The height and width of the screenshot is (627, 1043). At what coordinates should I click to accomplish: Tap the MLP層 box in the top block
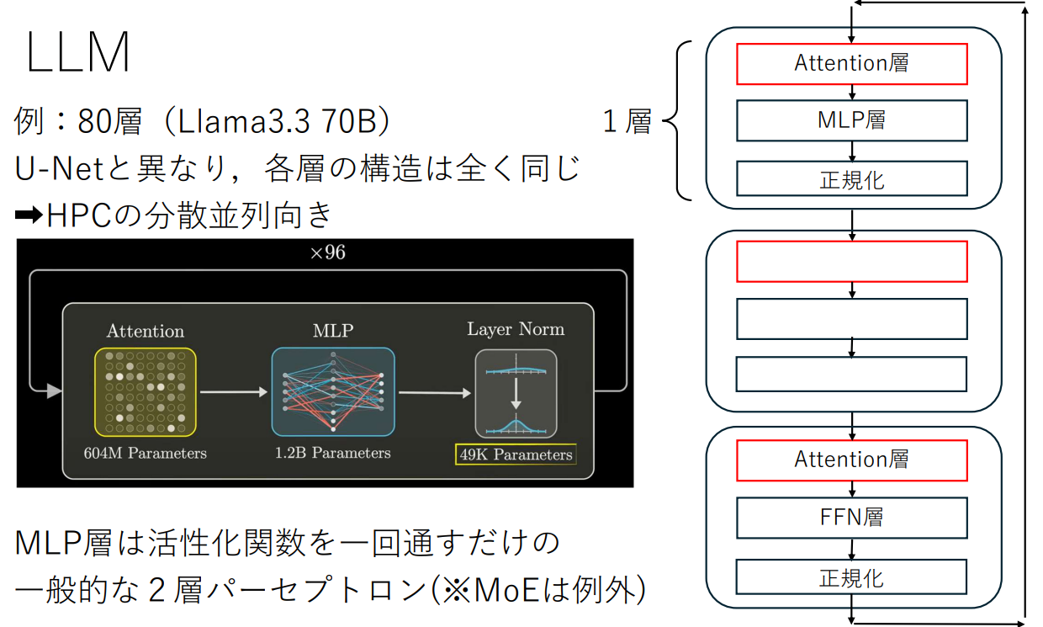point(851,120)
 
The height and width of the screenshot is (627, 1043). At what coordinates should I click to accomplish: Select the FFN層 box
point(851,518)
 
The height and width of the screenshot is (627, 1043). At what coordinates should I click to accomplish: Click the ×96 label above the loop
point(327,253)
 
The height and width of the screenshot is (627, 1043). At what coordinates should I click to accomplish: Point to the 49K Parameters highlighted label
point(516,455)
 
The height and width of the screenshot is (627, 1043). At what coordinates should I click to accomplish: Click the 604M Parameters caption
point(145,453)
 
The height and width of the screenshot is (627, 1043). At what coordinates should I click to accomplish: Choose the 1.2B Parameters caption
point(332,453)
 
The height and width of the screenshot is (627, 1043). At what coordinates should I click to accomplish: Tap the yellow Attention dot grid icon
point(145,391)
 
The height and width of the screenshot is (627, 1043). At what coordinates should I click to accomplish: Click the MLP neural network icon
point(332,391)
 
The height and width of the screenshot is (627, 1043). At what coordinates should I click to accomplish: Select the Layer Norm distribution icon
point(516,394)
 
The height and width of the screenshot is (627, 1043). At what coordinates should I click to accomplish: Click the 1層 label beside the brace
point(627,122)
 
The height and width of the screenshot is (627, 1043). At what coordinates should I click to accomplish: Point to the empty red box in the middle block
point(851,261)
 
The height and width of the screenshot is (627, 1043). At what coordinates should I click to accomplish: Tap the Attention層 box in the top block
point(851,64)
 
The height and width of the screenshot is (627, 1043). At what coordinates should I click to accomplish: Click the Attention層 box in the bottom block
point(851,460)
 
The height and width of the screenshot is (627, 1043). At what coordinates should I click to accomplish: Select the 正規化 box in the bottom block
point(851,578)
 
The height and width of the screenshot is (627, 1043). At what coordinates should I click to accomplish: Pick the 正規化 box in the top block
point(851,179)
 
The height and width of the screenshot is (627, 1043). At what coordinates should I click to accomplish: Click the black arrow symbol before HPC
point(29,215)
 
